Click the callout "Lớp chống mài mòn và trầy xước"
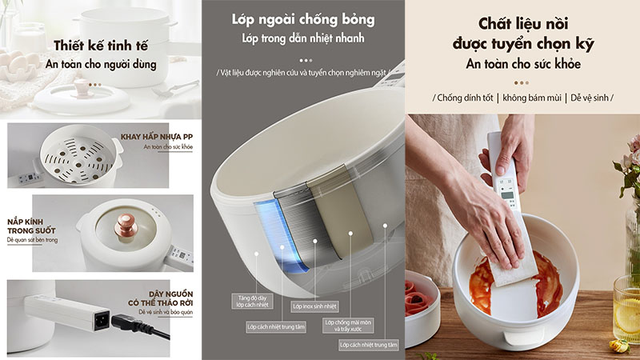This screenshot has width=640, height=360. coord(349,326)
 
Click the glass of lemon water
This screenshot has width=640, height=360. coord(627,308)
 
